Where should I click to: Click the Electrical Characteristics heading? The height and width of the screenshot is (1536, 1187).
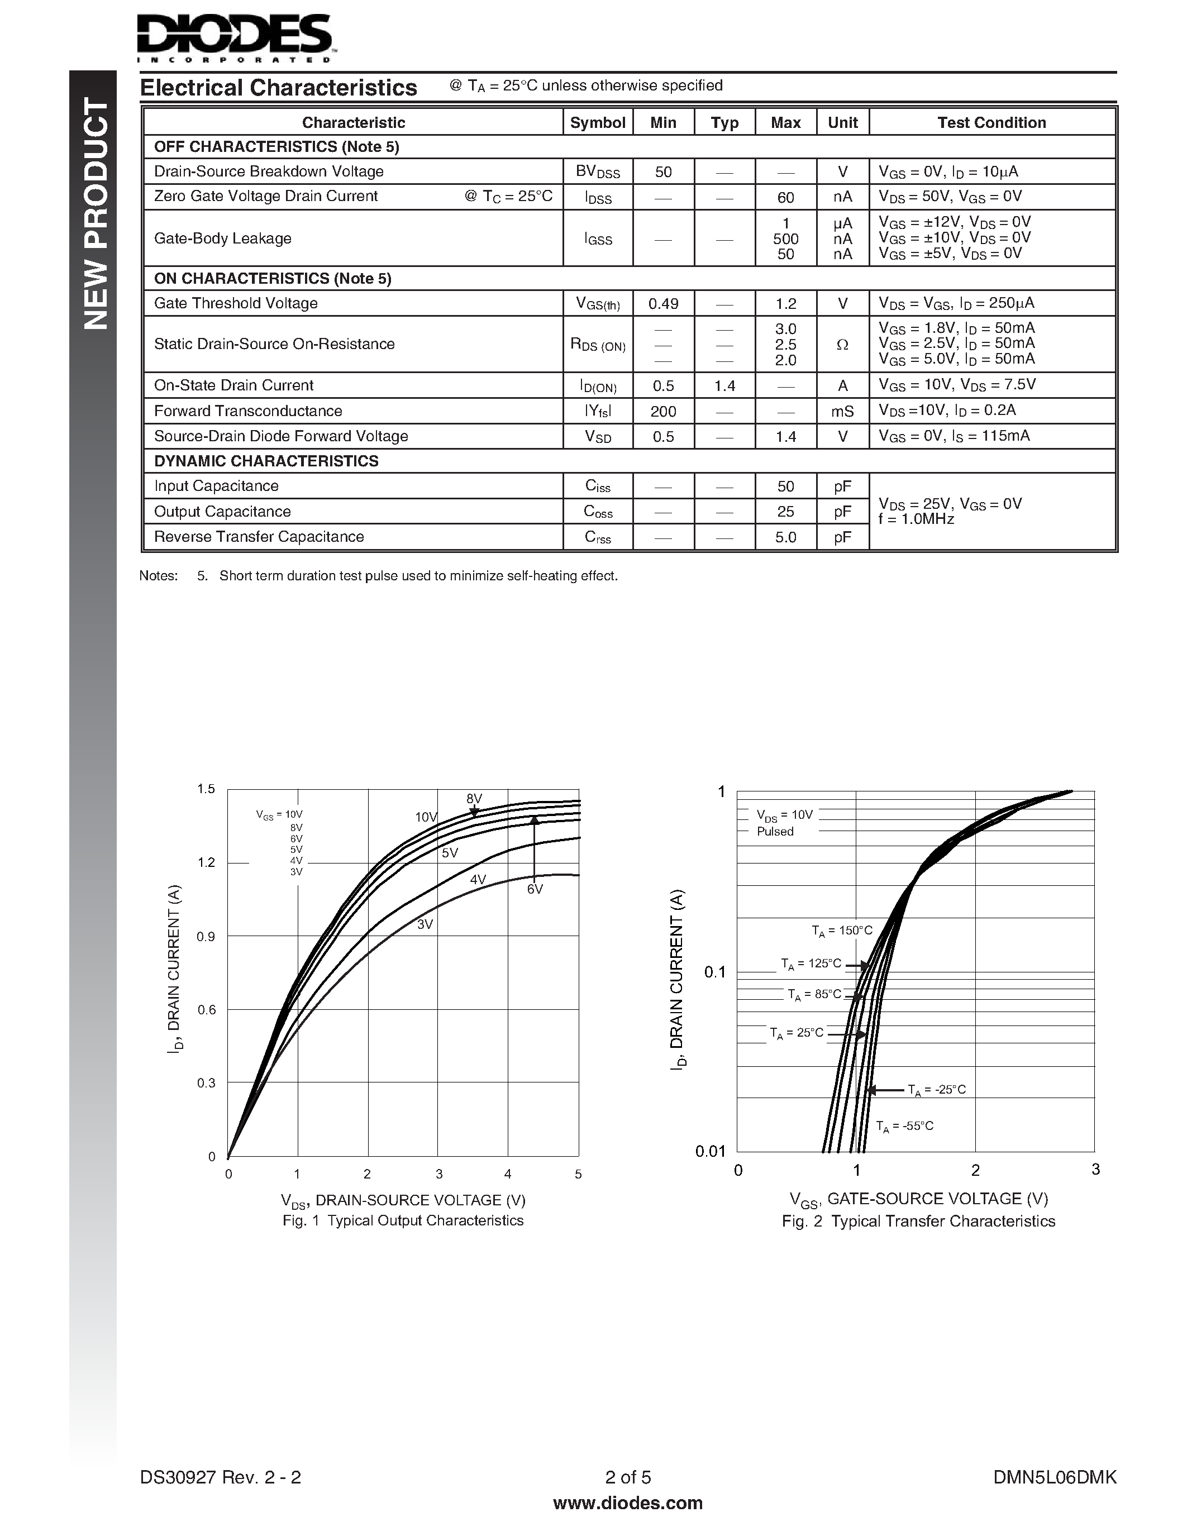(279, 88)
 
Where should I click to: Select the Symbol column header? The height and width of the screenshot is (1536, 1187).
(597, 122)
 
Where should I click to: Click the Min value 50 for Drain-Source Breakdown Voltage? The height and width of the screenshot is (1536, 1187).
(662, 171)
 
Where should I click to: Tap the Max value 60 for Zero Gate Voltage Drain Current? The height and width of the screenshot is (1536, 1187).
(785, 198)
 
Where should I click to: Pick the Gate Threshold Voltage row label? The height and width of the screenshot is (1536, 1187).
(236, 303)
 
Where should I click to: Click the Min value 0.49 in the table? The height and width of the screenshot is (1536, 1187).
(662, 304)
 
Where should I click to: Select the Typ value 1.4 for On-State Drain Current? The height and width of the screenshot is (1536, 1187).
(724, 385)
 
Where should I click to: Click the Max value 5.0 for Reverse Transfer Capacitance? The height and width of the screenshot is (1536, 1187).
(785, 537)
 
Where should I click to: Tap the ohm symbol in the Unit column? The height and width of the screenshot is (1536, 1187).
(842, 345)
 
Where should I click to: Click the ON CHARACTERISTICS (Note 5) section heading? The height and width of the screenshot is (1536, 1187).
(272, 279)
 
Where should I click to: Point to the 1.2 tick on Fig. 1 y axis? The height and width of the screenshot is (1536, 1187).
(206, 862)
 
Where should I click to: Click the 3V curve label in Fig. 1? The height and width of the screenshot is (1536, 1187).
(425, 925)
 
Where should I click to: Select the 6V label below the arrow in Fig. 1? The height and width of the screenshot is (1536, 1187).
(535, 890)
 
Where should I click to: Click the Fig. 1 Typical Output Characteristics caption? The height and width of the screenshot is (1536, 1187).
(403, 1220)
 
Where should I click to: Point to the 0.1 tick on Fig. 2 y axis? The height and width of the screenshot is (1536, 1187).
(714, 972)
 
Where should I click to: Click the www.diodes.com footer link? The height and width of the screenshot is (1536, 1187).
(627, 1503)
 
